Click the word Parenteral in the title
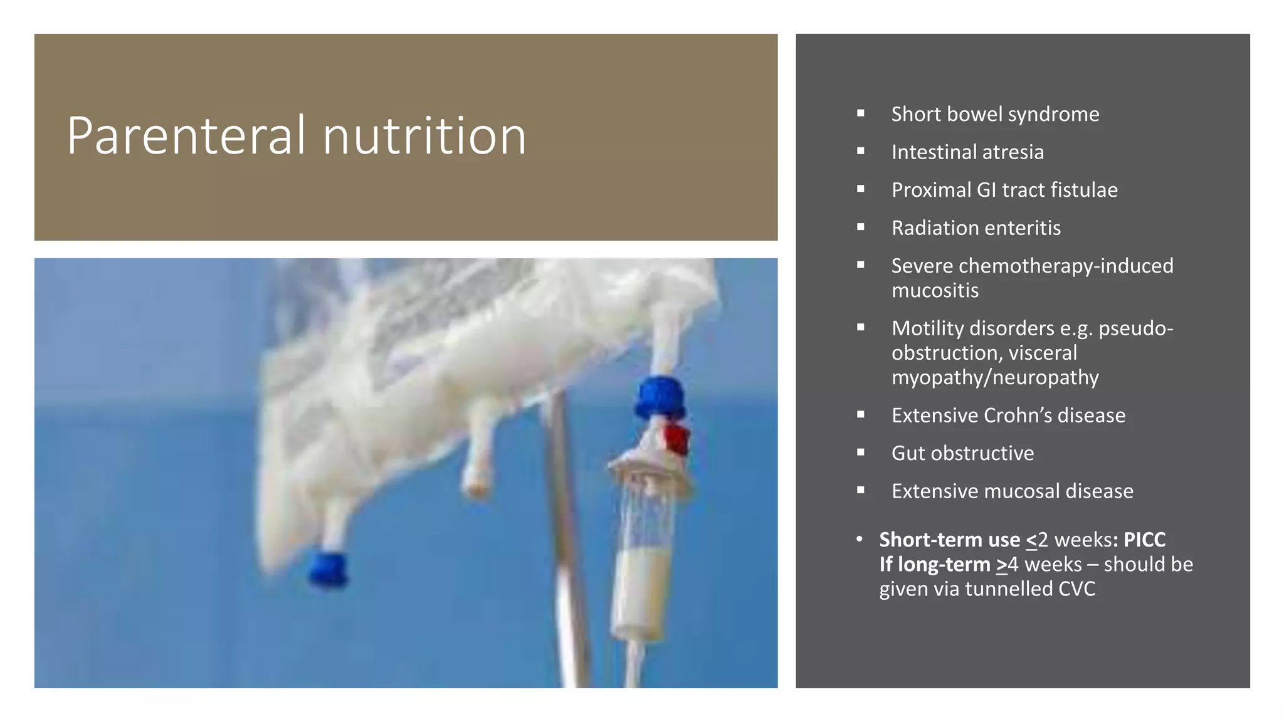pos(181,136)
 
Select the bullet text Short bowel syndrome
pos(995,114)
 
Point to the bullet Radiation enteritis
pos(976,228)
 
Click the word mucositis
pos(934,291)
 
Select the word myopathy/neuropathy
pos(995,378)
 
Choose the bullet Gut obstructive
pos(962,453)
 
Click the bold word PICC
pos(1144,540)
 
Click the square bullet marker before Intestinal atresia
pos(861,151)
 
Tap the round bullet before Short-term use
pos(860,539)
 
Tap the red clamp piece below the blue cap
pos(678,439)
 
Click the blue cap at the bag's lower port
pos(328,568)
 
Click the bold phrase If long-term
pos(934,565)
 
